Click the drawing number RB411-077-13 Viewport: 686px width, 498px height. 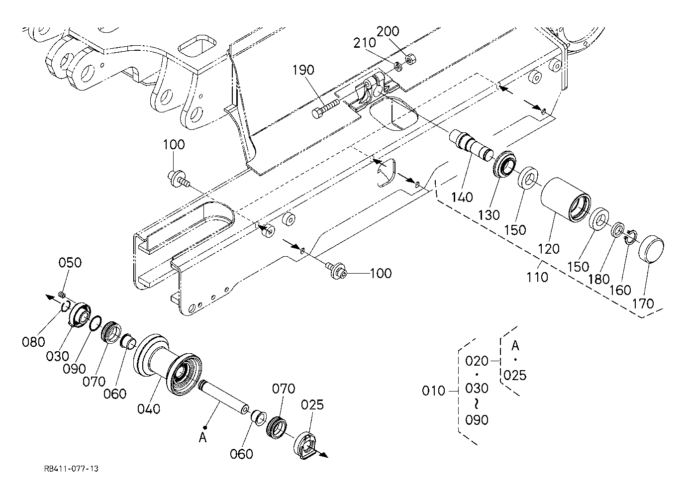[71, 469]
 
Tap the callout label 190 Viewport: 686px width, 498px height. [303, 70]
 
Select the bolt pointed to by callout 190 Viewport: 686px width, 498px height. [325, 108]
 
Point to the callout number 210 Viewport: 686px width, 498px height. [365, 43]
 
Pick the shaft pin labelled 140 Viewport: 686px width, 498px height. [471, 145]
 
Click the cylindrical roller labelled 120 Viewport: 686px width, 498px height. [565, 199]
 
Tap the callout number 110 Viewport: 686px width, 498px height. [537, 277]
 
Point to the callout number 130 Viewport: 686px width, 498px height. [489, 215]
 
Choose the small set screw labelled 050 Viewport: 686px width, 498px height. [62, 295]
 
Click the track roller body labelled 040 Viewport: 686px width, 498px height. [168, 366]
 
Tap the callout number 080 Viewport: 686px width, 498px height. [33, 341]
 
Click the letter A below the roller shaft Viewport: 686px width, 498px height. [203, 438]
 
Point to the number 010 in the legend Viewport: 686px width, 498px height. [433, 391]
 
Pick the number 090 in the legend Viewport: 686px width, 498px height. [477, 419]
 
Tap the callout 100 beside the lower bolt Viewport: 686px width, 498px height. [381, 273]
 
